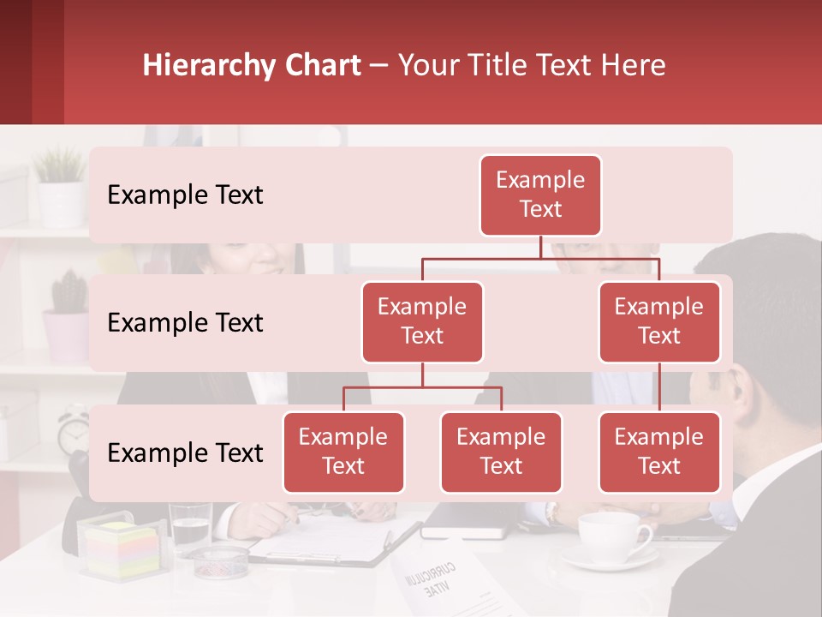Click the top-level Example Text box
(540, 195)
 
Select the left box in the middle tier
(422, 322)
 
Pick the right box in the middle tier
(659, 322)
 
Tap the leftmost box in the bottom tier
(343, 452)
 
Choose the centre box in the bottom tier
(501, 452)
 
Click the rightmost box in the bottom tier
(659, 452)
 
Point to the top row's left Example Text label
(185, 195)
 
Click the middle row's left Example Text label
(185, 323)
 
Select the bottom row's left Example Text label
(185, 453)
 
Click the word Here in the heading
(634, 66)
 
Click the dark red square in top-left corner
(32, 62)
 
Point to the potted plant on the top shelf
(60, 184)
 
